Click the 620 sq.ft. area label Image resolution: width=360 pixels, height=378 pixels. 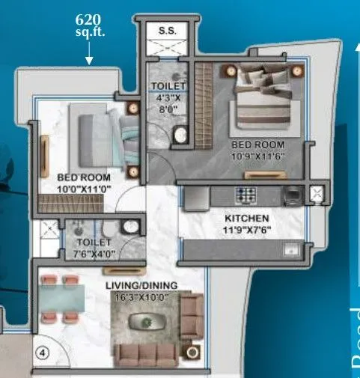coord(89,26)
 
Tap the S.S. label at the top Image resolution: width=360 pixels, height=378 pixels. coord(167,30)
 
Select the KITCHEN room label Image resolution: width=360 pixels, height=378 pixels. coord(246,218)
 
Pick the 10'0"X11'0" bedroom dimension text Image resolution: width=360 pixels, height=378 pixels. coord(84,189)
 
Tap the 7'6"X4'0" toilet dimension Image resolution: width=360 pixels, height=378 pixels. coord(93,253)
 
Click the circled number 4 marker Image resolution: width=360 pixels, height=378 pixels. coord(43,355)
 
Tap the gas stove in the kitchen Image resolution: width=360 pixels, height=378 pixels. coord(245,195)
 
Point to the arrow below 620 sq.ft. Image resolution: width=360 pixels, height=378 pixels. coord(89,54)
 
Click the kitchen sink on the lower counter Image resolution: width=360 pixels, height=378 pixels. coord(293,249)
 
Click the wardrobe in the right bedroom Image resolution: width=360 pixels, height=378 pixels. coord(204,107)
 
